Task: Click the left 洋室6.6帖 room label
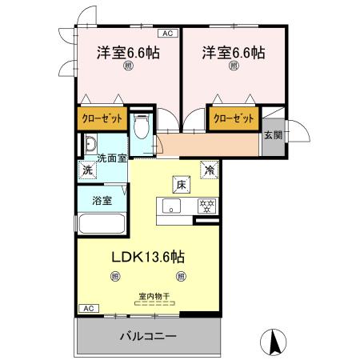point(127,53)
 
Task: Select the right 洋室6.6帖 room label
point(233,53)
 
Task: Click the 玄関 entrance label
point(273,135)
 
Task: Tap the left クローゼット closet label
point(102,119)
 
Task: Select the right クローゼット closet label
point(234,119)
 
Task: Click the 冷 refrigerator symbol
point(208,170)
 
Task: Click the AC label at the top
point(169,34)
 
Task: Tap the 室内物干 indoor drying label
point(153,296)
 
